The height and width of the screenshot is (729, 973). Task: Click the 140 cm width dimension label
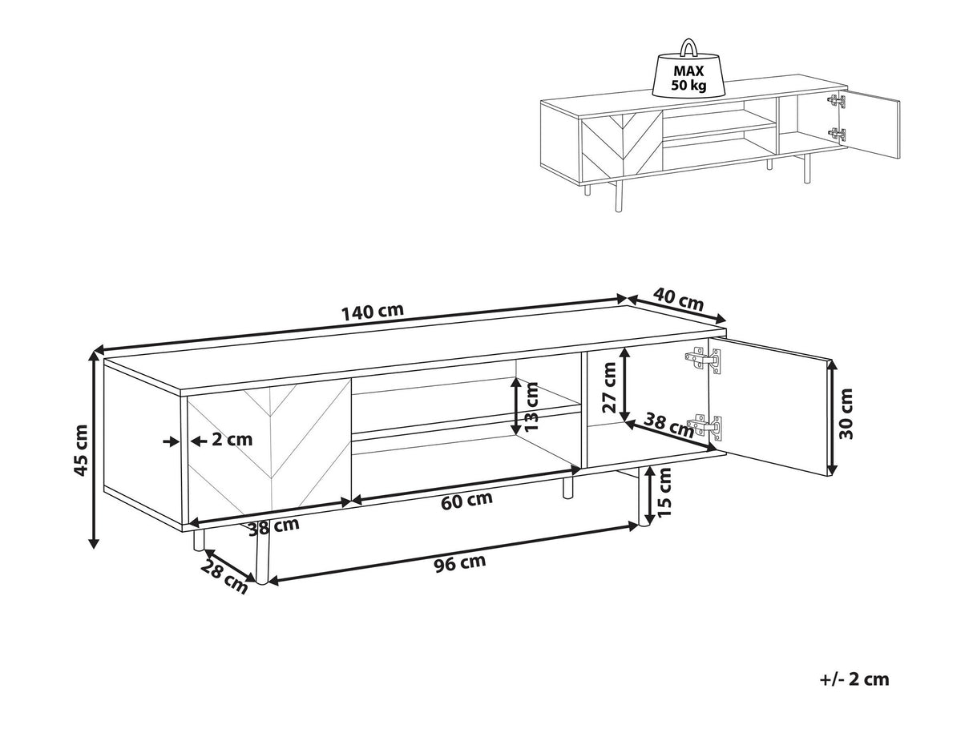pos(372,312)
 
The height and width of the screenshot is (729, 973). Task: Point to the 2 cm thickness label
pos(232,439)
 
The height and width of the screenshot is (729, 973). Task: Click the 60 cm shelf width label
pos(468,500)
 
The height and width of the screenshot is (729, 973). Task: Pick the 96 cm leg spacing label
pos(460,563)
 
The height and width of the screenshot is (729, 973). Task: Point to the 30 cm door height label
pos(846,413)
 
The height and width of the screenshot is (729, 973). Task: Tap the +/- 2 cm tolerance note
pos(854,679)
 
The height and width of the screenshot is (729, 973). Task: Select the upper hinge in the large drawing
pos(704,360)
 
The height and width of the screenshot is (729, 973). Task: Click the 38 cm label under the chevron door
pos(273,527)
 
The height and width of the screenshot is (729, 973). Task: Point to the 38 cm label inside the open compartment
pos(670,426)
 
